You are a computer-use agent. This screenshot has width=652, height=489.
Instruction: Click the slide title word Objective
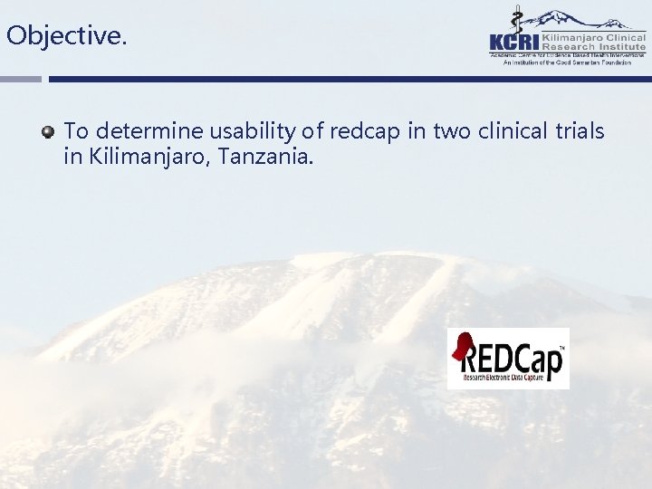click(66, 36)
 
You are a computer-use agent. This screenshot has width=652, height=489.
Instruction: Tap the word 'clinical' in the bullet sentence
click(513, 132)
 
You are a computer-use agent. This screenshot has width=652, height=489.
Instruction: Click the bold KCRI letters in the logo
click(514, 41)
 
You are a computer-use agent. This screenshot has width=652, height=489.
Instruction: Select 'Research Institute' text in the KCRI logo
click(594, 46)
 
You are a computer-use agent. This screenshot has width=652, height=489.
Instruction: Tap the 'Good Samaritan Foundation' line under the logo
click(568, 63)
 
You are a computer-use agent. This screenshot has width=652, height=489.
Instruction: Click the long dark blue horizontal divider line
click(350, 79)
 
